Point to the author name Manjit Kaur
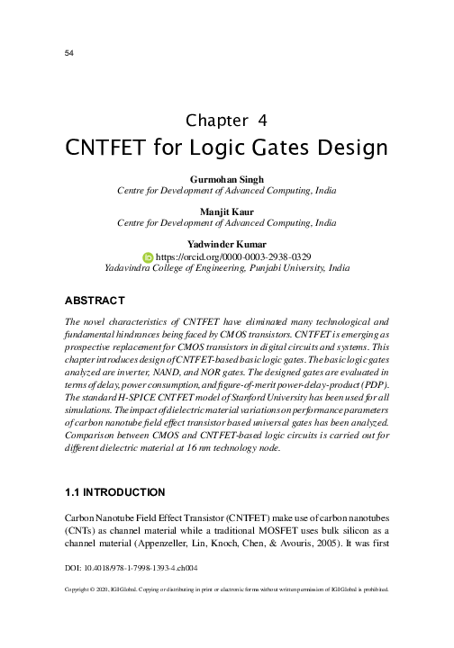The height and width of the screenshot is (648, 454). coord(226,211)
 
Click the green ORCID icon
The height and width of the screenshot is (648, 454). coord(149,256)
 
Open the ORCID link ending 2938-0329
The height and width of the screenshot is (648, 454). coord(233,256)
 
